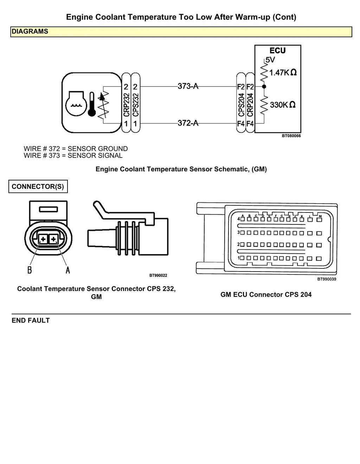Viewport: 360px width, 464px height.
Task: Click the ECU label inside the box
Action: coord(277,51)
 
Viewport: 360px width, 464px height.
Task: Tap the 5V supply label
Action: coord(270,60)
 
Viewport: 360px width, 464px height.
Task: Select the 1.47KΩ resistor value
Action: coord(283,72)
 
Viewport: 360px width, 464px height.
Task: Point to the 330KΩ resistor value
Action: coord(283,105)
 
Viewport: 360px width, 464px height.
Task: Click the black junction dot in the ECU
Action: coord(264,87)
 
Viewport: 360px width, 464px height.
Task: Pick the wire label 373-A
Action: coord(188,86)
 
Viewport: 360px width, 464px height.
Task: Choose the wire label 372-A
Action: coord(188,123)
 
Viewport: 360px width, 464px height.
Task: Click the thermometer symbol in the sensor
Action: coord(92,104)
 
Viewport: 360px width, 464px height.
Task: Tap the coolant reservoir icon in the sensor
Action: coord(76,104)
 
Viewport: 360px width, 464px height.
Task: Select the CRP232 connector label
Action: coord(127,105)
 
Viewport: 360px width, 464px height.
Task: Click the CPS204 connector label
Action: coord(241,105)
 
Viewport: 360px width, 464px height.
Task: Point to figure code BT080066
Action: coord(291,136)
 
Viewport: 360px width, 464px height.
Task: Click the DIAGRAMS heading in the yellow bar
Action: coord(30,31)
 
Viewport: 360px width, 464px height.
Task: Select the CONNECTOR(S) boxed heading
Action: coord(38,186)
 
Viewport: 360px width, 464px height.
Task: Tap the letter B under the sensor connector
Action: coord(30,270)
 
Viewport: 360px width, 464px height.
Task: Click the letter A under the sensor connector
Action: coord(68,270)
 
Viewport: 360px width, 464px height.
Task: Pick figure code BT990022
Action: coord(158,275)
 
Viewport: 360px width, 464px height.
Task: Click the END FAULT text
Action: coord(31,320)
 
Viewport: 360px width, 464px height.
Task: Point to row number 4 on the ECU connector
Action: coord(239,219)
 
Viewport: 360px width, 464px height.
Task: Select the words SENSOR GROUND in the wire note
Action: coord(98,148)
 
